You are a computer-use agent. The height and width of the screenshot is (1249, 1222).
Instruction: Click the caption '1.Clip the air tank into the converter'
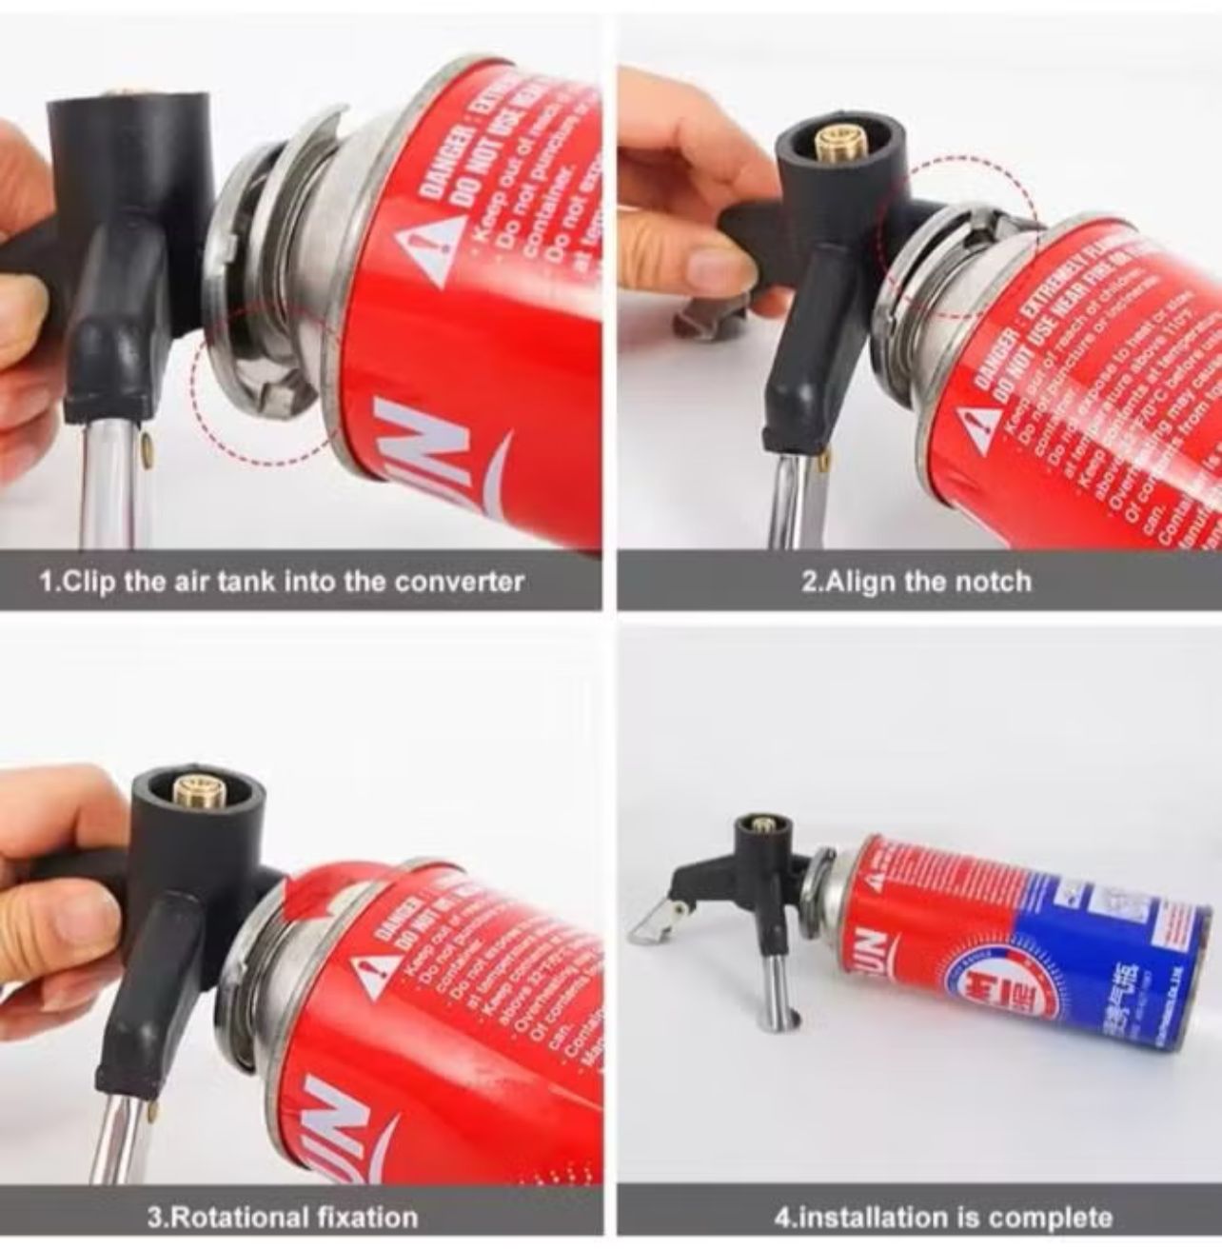tap(281, 581)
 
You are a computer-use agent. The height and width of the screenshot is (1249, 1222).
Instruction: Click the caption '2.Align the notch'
tap(916, 581)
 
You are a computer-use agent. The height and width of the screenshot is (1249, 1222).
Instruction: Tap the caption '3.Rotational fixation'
tap(282, 1217)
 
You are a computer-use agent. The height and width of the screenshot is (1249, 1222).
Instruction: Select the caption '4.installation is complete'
tap(942, 1217)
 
